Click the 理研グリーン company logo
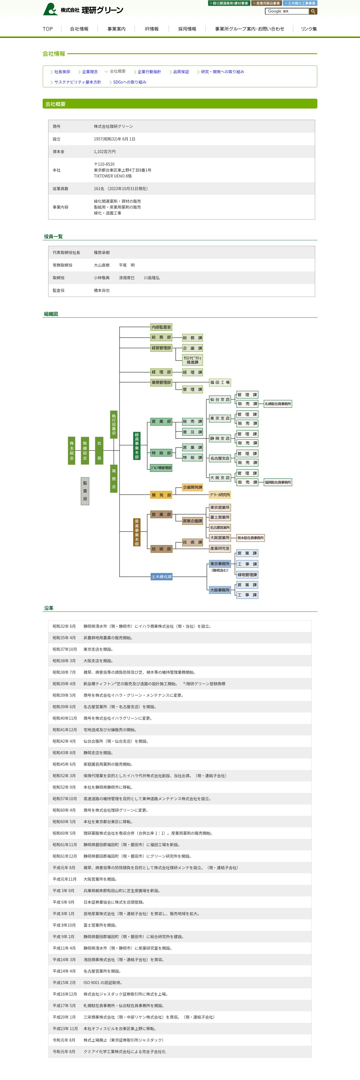(x=83, y=9)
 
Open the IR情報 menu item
(x=151, y=29)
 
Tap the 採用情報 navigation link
(x=187, y=29)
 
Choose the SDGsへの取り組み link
(x=130, y=82)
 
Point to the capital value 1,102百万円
(x=105, y=152)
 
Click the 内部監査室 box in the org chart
(x=161, y=327)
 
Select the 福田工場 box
(x=220, y=382)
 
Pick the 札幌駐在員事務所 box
(x=278, y=404)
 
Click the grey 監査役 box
(x=85, y=491)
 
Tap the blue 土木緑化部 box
(x=161, y=577)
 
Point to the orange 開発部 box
(x=161, y=495)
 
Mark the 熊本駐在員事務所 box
(x=251, y=538)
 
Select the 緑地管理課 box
(x=247, y=575)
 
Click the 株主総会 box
(x=72, y=451)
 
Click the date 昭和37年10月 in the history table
(x=65, y=649)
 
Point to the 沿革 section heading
(x=49, y=608)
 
